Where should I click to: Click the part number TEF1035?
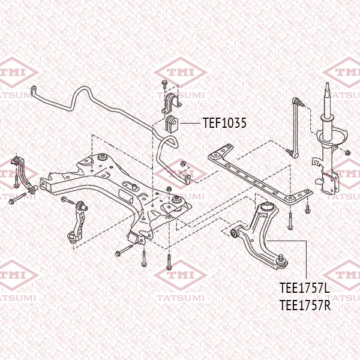point(224,122)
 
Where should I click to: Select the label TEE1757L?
point(305,288)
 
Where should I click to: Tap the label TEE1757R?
point(305,305)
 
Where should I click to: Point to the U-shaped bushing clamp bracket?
point(171,103)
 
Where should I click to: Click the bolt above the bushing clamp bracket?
point(164,84)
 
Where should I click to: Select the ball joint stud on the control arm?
point(280,258)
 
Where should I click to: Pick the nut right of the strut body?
point(347,152)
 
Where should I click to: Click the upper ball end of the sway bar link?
point(296,100)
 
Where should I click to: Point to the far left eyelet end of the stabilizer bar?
point(34,88)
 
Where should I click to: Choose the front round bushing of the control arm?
point(235,234)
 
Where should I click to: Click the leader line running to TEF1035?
point(190,123)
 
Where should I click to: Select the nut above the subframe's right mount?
point(169,189)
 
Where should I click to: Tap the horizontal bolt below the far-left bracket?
point(18,199)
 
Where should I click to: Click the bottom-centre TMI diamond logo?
point(181,275)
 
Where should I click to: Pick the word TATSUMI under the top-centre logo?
point(181,95)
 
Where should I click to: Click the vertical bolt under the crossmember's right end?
point(290,221)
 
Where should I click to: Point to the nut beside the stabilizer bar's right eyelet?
point(184,164)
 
